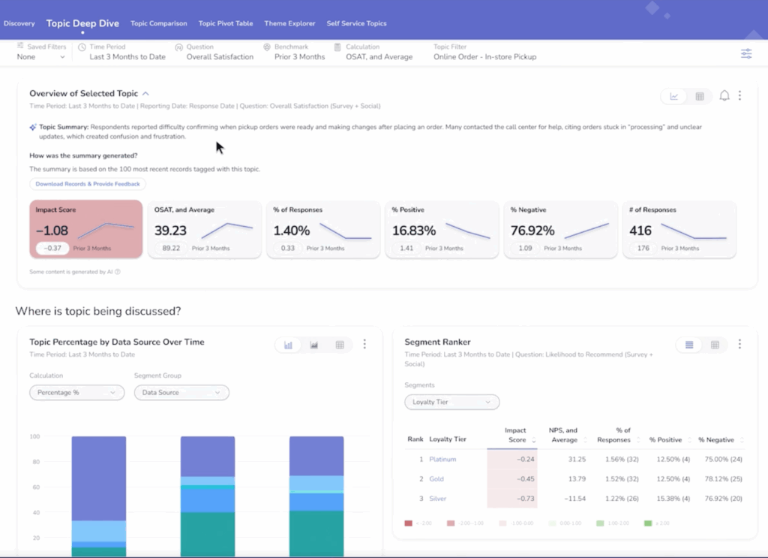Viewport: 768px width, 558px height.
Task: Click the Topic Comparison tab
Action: pos(158,23)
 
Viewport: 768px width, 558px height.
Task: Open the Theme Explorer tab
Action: pos(289,23)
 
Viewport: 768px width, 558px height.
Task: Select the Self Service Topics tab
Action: pos(356,23)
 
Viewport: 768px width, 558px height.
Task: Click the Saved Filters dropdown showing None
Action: pos(41,56)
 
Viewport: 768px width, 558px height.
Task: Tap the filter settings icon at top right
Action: pos(745,53)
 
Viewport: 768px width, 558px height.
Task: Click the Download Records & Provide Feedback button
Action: pos(88,184)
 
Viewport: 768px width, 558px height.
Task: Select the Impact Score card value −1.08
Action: pos(52,231)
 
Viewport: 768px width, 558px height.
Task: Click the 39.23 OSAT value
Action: pos(170,231)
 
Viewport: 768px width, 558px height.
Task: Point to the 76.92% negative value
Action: pos(532,231)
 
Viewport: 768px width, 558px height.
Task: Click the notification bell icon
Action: pos(724,95)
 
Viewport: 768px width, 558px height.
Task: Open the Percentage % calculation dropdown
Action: pos(76,392)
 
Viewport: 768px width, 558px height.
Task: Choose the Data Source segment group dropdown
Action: pos(181,392)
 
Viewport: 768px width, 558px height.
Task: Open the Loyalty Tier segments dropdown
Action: pos(451,402)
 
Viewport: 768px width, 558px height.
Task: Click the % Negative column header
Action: pos(716,439)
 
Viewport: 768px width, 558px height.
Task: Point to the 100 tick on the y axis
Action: pos(34,436)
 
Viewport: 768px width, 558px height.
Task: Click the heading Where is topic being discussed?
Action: pos(98,311)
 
